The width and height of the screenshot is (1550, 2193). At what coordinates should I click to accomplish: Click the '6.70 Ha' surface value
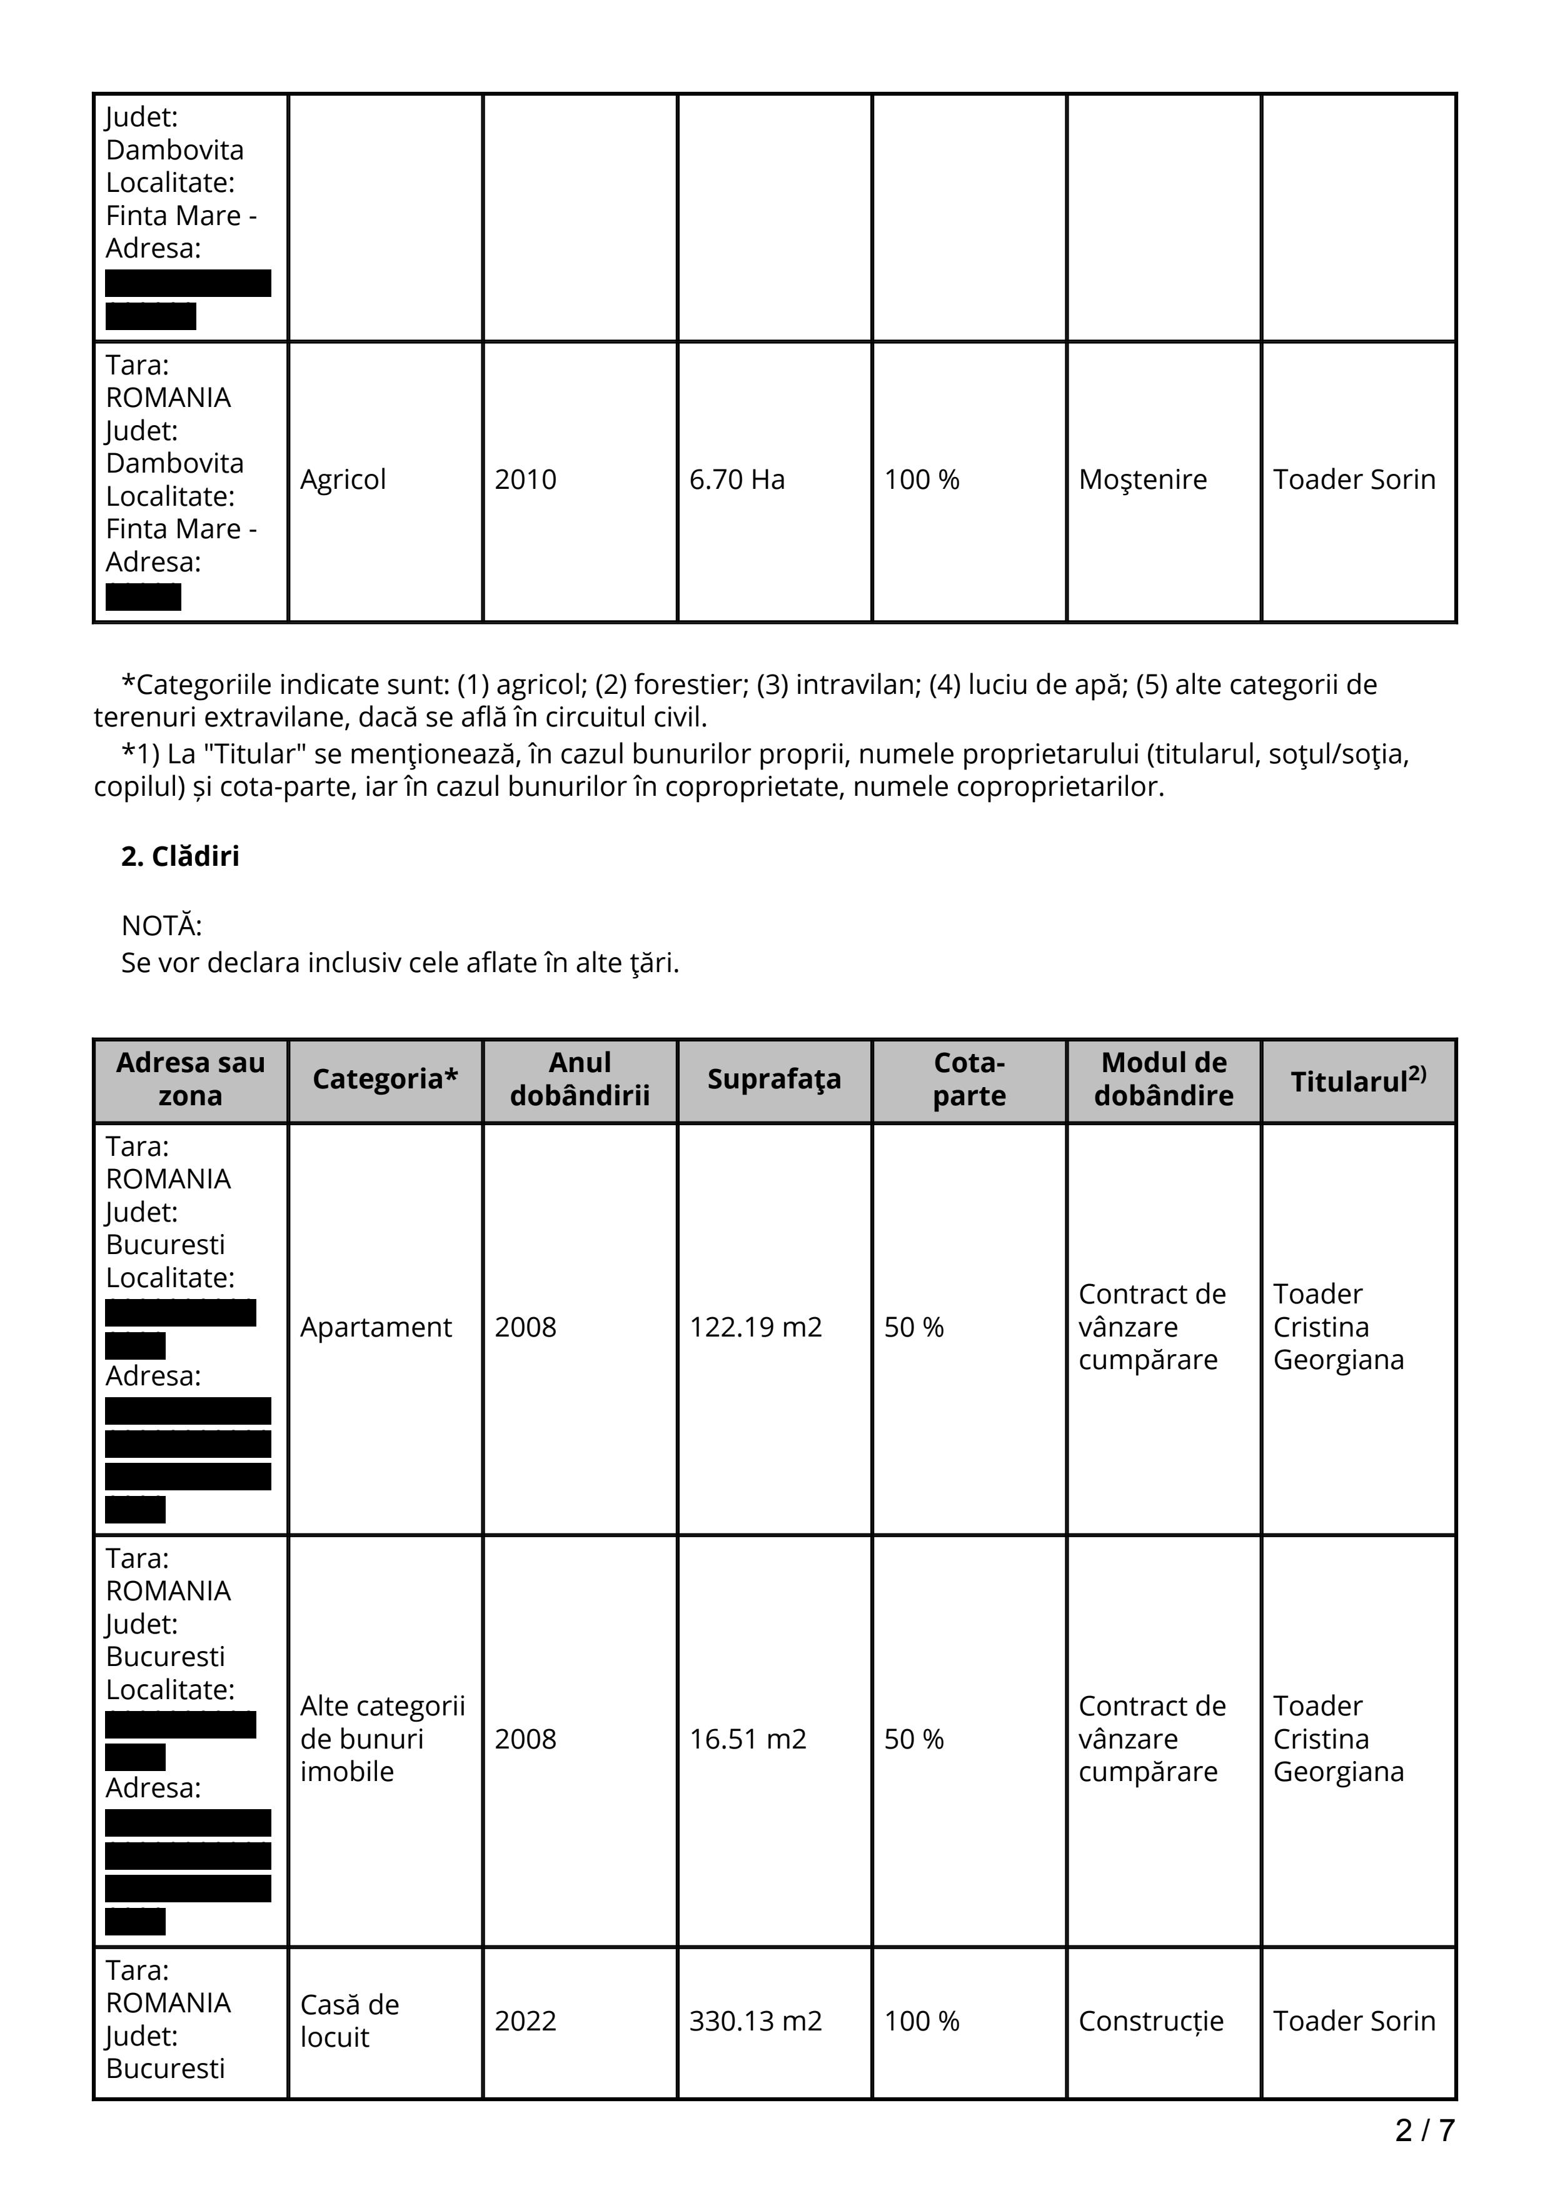(737, 479)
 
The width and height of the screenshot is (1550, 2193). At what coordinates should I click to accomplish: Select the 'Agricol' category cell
(343, 479)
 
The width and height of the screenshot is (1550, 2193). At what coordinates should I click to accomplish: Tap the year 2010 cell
(525, 479)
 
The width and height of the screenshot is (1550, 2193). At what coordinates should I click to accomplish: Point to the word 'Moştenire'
(1142, 479)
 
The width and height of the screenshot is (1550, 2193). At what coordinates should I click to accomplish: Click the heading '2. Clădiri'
(181, 856)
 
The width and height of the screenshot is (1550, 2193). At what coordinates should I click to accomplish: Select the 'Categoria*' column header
(385, 1079)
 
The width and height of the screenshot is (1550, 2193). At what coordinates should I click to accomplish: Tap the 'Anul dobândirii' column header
(580, 1079)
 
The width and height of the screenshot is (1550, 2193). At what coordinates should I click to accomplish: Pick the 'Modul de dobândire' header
(1163, 1079)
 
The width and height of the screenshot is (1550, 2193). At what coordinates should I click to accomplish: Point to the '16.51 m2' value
(748, 1739)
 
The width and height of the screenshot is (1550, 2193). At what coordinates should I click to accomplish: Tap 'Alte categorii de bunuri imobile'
(382, 1739)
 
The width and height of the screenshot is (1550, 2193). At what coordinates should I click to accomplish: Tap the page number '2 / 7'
(1424, 2130)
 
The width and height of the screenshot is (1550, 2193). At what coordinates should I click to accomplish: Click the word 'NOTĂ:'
(161, 926)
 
